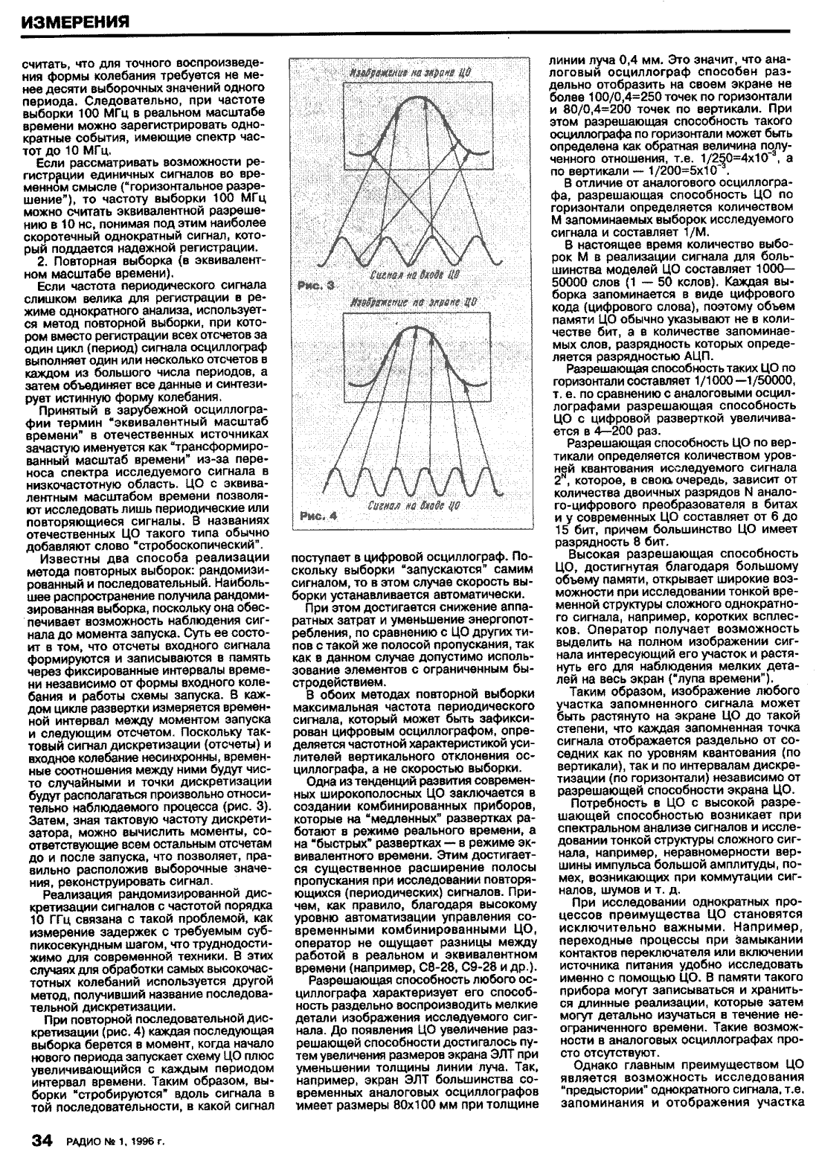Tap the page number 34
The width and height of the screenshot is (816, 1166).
40,1139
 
